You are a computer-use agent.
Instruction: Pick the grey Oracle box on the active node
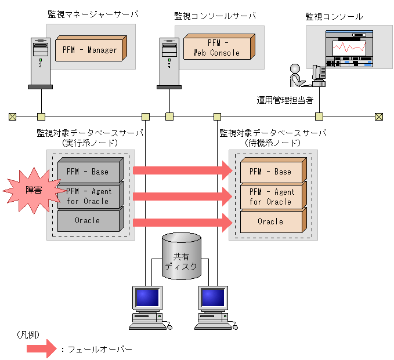[x=88, y=221]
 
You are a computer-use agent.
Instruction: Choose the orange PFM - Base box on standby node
[x=270, y=172]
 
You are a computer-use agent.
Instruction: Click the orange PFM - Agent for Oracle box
[x=270, y=197]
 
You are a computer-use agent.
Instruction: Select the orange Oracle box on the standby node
[x=270, y=221]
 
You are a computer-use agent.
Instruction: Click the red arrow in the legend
[x=42, y=350]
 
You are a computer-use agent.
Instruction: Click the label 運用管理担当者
[x=285, y=99]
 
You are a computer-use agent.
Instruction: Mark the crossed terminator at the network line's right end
[x=379, y=117]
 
